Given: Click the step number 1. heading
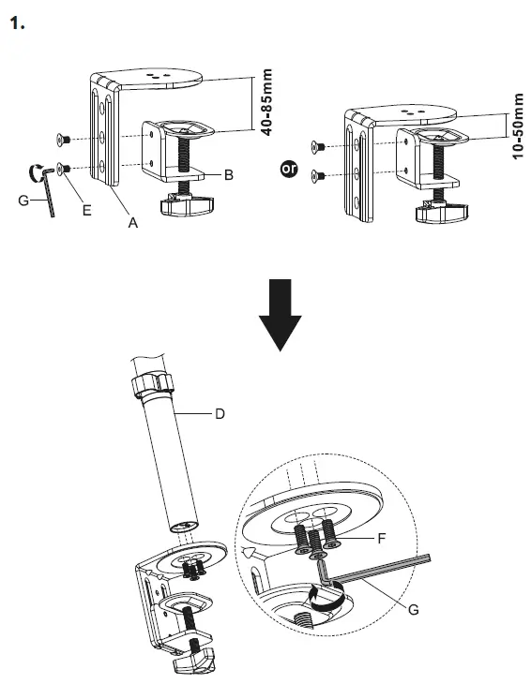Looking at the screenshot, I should pyautogui.click(x=16, y=23).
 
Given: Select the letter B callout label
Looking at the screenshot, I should pyautogui.click(x=228, y=175).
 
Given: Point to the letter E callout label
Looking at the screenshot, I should pyautogui.click(x=86, y=211).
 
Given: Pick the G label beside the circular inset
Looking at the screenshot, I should pyautogui.click(x=414, y=610).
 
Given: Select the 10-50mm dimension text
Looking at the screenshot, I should pyautogui.click(x=518, y=126).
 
